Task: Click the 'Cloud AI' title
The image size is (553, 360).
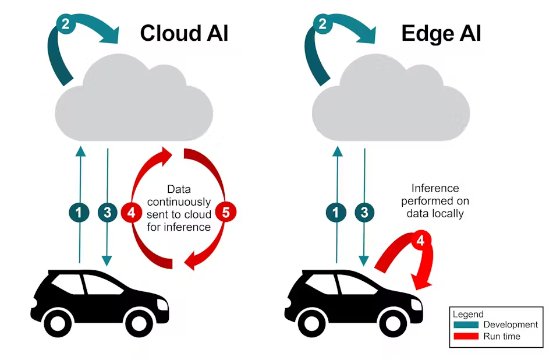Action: click(184, 33)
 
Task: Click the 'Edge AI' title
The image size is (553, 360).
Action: click(441, 34)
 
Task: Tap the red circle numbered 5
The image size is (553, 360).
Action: click(226, 213)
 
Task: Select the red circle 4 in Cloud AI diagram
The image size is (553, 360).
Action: click(131, 213)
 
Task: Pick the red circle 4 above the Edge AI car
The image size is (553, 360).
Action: click(420, 241)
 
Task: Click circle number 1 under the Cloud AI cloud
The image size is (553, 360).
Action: click(79, 213)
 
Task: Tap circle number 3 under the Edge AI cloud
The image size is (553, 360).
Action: click(364, 213)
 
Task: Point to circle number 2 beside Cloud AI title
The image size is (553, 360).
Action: click(66, 24)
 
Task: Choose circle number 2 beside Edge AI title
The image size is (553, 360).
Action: click(322, 24)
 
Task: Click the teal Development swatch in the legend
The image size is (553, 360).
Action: click(466, 324)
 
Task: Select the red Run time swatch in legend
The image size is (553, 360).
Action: click(466, 336)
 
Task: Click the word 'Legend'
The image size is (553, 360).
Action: click(468, 314)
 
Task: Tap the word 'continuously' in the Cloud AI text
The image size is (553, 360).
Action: click(179, 202)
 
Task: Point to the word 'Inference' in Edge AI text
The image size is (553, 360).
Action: click(435, 188)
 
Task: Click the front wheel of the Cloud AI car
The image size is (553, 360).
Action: click(139, 322)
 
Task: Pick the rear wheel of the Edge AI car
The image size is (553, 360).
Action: click(311, 322)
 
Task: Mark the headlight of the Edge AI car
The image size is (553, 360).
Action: click(417, 304)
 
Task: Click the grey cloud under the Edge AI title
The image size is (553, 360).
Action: click(391, 98)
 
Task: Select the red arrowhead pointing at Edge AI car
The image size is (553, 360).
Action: click(422, 281)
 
